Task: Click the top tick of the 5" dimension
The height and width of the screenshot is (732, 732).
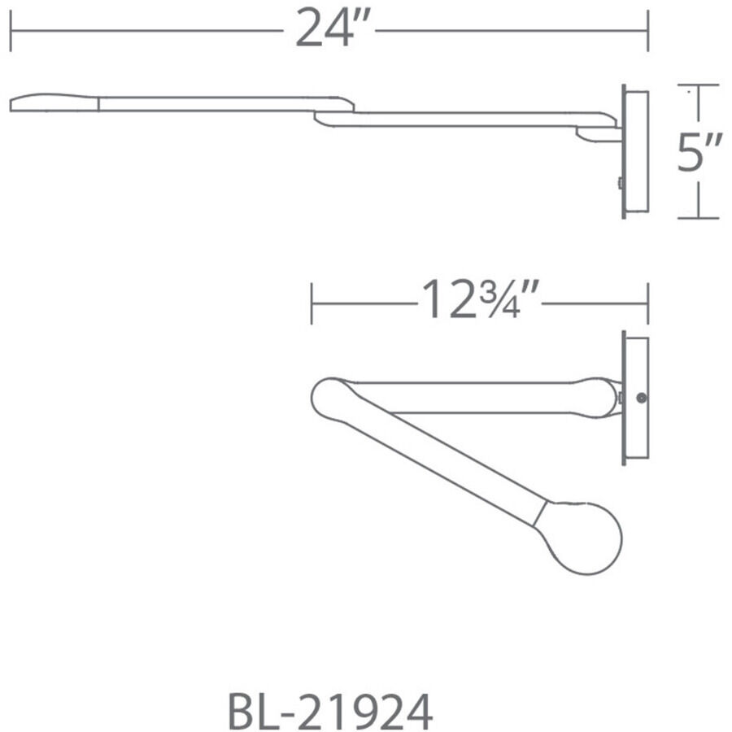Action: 699,85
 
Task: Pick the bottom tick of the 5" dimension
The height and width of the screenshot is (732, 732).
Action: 699,218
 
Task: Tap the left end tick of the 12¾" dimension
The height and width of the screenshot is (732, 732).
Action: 312,303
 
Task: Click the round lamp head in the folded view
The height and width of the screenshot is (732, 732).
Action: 583,537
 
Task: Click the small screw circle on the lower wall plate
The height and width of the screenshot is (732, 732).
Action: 642,399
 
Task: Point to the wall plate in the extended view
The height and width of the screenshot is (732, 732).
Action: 635,151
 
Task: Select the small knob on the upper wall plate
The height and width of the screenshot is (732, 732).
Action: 620,184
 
